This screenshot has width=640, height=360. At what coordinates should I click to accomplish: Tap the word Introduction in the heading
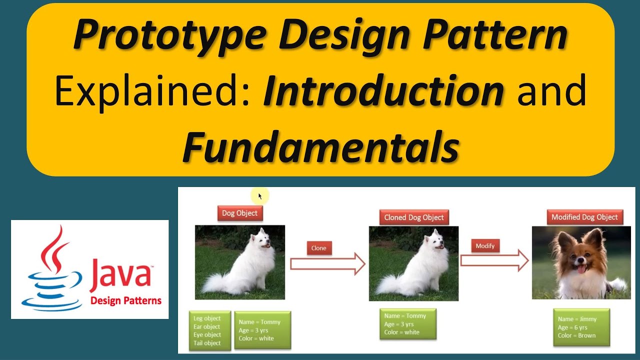coord(383,90)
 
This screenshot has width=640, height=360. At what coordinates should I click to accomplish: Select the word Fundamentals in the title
coord(321,147)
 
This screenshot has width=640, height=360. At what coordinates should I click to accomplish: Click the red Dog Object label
coord(240,213)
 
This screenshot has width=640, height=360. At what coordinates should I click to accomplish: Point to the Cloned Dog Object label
coord(414,217)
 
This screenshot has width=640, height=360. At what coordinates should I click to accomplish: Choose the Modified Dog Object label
coord(584,217)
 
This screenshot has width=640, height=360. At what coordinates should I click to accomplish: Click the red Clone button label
coord(319,248)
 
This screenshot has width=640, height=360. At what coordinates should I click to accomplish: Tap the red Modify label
coord(485,245)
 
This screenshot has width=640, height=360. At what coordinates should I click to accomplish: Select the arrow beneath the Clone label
coord(327,263)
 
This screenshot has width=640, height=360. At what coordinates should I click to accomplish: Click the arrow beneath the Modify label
coord(494,261)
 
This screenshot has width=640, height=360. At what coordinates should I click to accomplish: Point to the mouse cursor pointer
coord(260,196)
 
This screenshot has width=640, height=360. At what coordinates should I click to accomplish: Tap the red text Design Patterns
coord(126,301)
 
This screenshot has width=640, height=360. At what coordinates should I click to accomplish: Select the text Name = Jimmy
coord(577,319)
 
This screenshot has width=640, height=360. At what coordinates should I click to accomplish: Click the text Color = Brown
coord(576,335)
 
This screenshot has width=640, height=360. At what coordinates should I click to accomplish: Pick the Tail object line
coord(207,343)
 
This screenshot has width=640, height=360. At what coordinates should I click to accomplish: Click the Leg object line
coord(207,318)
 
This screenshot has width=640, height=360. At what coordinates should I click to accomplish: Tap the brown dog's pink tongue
coord(581,268)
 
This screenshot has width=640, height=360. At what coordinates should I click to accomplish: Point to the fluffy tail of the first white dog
coord(216,282)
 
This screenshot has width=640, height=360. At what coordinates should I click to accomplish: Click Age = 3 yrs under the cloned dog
coord(399,324)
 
